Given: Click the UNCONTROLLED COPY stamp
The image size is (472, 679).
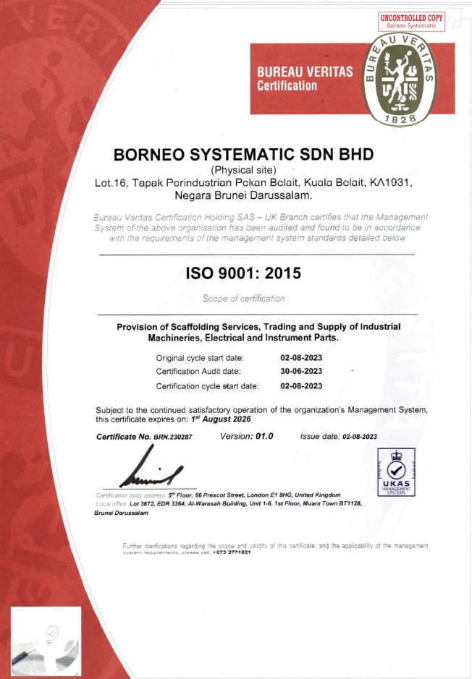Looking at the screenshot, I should point(412,21).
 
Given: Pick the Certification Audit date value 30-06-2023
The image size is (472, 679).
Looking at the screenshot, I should point(301,371).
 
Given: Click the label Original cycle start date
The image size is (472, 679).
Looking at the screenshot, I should point(200,357).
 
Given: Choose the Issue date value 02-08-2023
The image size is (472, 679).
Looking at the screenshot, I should point(359,437).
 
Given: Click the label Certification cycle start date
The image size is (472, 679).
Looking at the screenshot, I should point(207,385).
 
